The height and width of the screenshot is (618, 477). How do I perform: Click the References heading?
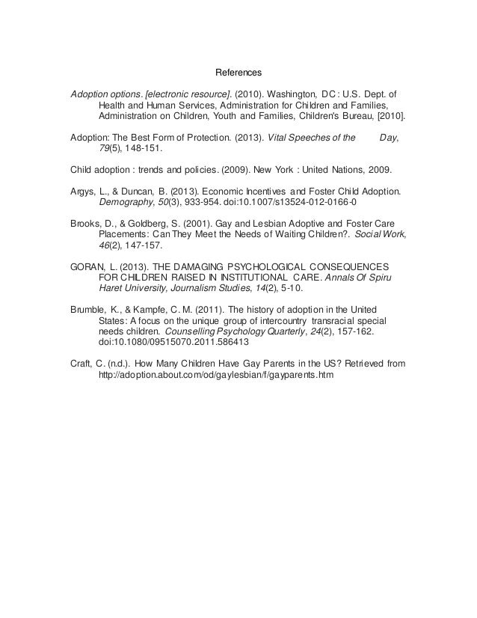[238, 73]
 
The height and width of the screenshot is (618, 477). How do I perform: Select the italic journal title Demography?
[123, 202]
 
